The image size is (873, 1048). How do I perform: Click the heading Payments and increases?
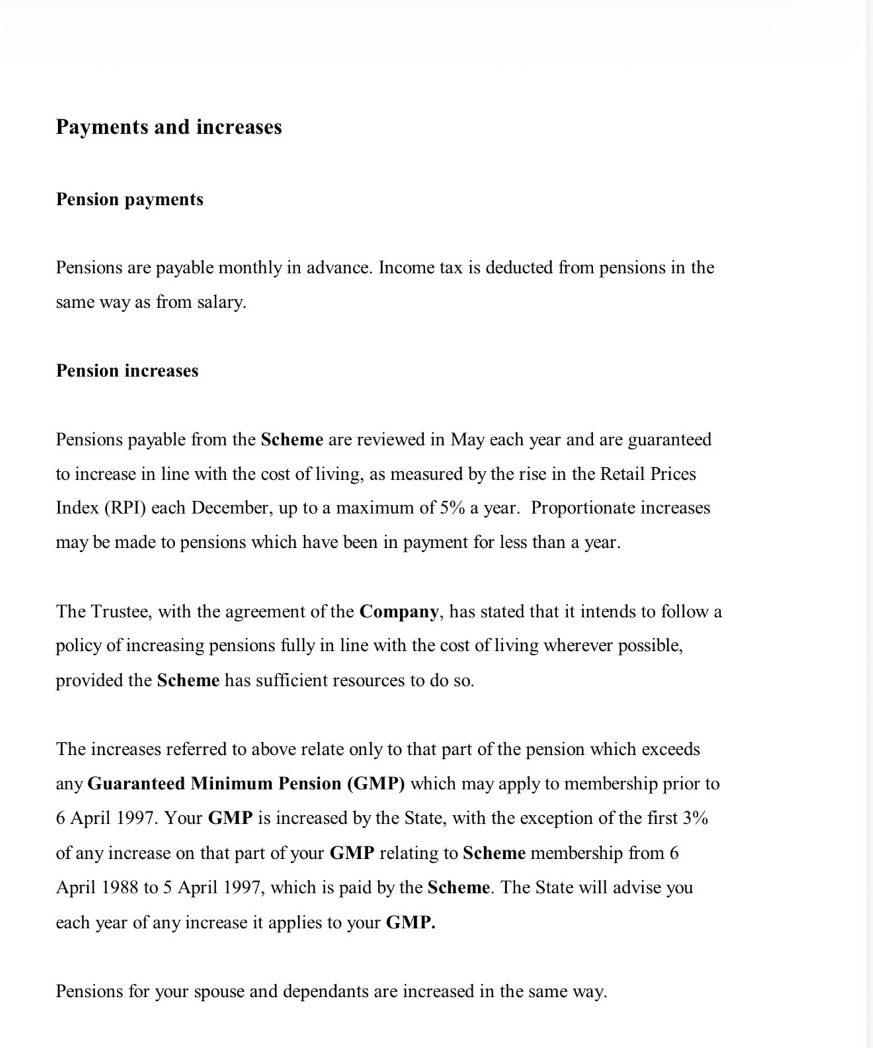click(169, 126)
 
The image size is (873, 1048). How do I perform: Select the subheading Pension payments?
click(130, 199)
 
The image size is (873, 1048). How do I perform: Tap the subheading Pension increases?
click(127, 371)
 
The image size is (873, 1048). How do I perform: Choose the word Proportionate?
click(582, 508)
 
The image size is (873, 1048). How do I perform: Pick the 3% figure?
click(695, 818)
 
